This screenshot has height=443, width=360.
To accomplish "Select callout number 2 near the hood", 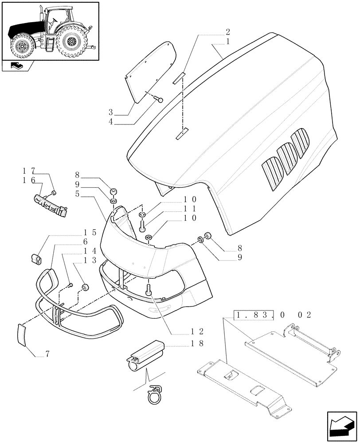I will click(227, 31).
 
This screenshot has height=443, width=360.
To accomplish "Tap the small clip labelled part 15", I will click(36, 257).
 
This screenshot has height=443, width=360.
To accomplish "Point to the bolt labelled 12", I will click(149, 290).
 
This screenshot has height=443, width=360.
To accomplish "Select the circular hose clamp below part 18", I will click(155, 394).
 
